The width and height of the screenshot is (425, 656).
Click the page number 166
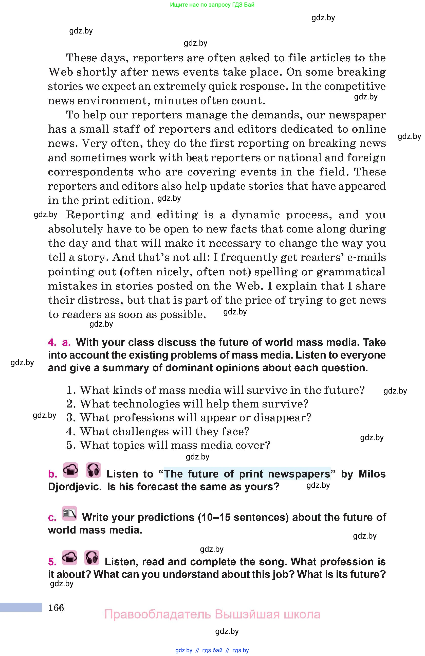coord(56,608)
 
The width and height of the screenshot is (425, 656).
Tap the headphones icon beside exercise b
coord(93,470)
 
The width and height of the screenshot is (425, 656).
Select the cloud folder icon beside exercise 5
coord(69,558)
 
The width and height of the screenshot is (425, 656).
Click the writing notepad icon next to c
coord(69,513)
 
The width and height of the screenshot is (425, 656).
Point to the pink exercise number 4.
coord(52,342)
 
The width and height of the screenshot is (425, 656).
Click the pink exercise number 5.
coord(52,562)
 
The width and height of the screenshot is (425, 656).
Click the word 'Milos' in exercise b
coord(372,474)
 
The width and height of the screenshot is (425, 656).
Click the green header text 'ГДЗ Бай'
coord(241,5)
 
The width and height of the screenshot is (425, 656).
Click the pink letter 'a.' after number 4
coord(66,342)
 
